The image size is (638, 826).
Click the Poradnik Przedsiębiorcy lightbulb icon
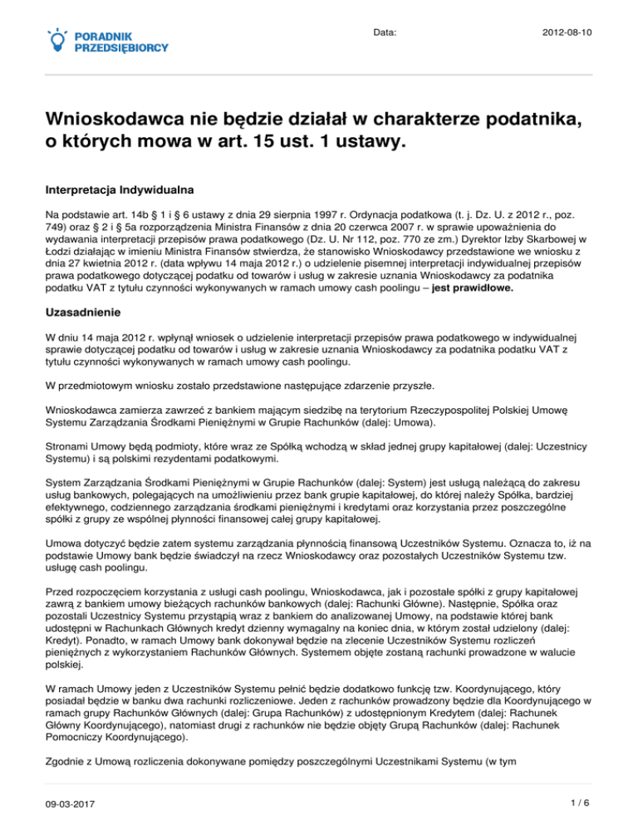tap(57, 38)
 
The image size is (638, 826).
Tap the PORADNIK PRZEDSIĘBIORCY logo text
tap(121, 42)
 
